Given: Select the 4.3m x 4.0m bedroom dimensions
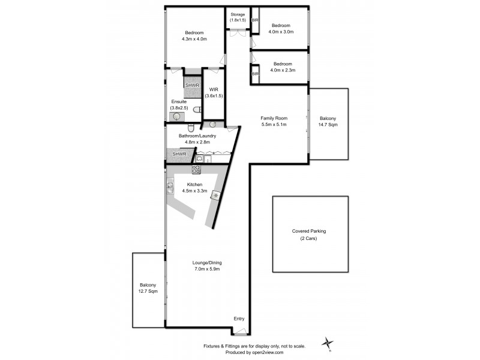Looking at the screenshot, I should tap(194, 39).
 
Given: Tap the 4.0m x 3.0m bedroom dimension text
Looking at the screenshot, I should tap(281, 32).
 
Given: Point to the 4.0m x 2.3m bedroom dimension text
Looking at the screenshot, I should tap(283, 71).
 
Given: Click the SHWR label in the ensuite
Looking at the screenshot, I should tap(192, 85).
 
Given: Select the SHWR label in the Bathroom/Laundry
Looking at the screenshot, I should tap(179, 154).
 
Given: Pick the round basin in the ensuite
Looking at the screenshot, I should tap(176, 118).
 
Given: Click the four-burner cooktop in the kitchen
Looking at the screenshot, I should tap(196, 170).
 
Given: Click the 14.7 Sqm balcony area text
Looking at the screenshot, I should tap(328, 125).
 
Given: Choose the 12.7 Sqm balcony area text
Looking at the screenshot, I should tap(148, 292).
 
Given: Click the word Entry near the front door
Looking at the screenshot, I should tap(239, 318).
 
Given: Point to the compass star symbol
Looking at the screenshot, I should tap(328, 343).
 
